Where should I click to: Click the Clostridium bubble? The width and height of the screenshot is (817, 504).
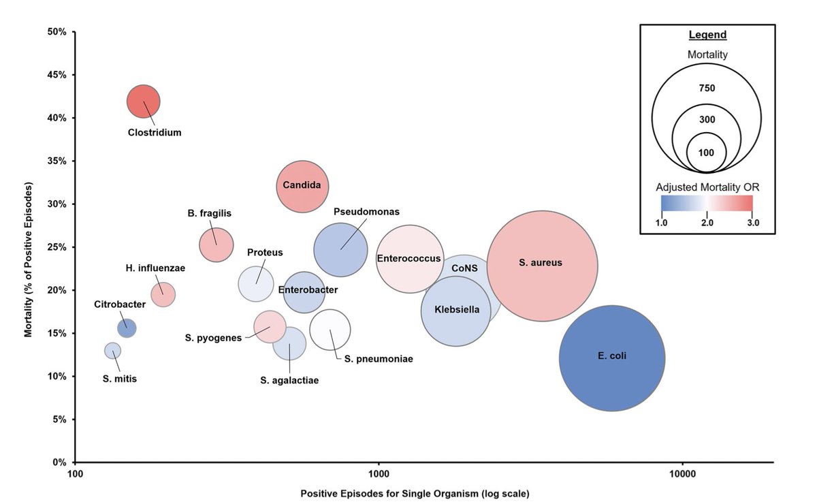pos(143,101)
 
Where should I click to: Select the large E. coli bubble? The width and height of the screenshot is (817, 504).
pos(612,358)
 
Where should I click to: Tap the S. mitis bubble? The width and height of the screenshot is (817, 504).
pos(112,350)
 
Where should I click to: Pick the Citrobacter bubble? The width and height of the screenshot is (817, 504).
pos(127,328)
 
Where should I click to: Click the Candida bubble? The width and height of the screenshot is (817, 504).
pos(302,186)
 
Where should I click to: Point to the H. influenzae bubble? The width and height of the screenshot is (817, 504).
pos(163,295)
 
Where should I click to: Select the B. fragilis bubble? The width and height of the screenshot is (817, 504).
pos(217,245)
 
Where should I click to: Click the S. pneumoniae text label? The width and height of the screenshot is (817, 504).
pos(379,358)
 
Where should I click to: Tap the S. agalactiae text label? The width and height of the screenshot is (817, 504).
pos(289,381)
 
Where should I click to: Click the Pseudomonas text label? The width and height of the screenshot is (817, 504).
pos(366,212)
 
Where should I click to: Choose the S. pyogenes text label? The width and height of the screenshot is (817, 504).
pos(214,337)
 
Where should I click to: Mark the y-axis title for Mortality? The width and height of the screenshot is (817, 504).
pos(28,259)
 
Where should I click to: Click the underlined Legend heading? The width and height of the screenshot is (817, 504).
pos(707,35)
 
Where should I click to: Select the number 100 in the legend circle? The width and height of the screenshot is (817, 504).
pos(707,153)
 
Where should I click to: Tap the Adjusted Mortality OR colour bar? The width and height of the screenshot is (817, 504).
pos(707,204)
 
